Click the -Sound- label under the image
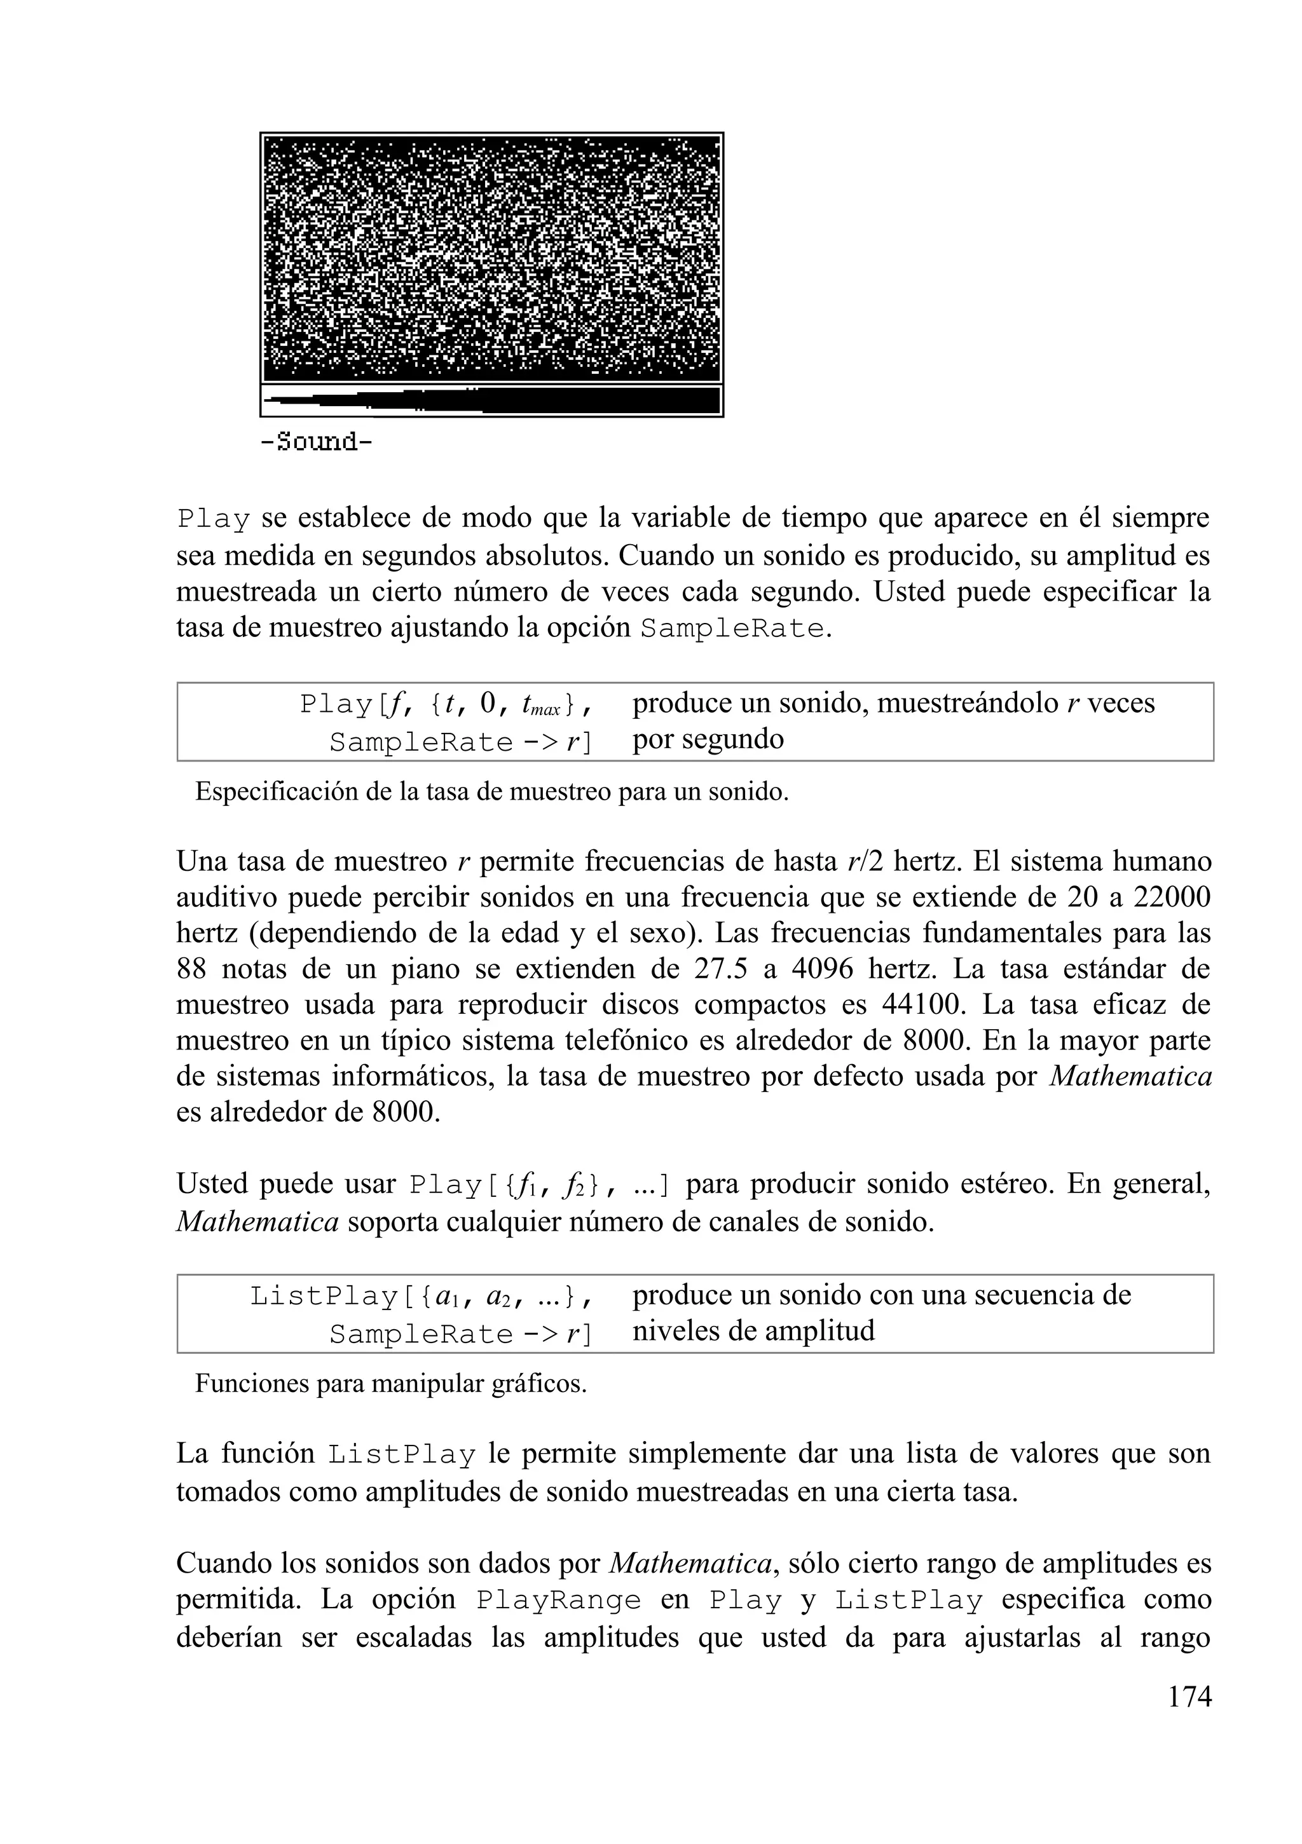point(317,442)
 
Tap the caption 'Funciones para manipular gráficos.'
point(390,1384)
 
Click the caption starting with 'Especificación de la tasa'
point(491,792)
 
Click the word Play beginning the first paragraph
point(213,519)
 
